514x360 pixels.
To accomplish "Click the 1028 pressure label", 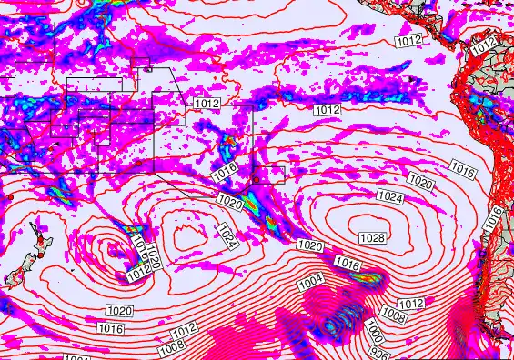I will (x=371, y=237).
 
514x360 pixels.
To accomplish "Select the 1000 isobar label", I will (x=373, y=329).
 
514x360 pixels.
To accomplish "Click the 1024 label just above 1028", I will (x=390, y=196).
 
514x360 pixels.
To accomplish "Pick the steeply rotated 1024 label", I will (x=227, y=237).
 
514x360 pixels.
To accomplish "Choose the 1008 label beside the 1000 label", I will (x=393, y=315).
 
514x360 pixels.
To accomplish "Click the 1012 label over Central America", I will (x=409, y=41).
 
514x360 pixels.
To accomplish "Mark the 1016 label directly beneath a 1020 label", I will (x=112, y=327).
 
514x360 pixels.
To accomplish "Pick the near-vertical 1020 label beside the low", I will (x=153, y=257).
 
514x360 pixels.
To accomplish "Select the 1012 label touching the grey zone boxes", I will (x=207, y=104).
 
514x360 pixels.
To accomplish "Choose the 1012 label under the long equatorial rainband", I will (x=328, y=109).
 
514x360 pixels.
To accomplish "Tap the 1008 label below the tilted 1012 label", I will (x=171, y=345).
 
